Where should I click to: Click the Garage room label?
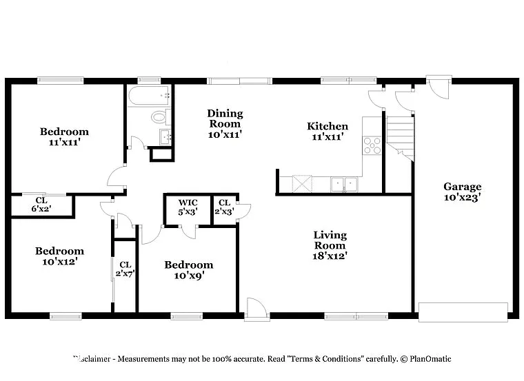click(x=462, y=191)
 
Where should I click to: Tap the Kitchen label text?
click(x=327, y=131)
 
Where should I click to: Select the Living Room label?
click(x=330, y=245)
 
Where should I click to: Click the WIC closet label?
click(x=188, y=207)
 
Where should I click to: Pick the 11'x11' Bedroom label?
click(x=64, y=136)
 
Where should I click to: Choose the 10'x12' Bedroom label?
click(x=60, y=256)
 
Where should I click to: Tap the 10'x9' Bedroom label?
click(x=188, y=270)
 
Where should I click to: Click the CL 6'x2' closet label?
click(x=40, y=205)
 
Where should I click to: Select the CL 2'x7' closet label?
click(x=125, y=269)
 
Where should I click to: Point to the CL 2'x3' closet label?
click(x=224, y=207)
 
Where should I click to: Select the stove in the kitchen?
click(x=372, y=145)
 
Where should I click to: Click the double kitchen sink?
click(x=343, y=184)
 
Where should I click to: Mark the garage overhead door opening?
click(x=463, y=312)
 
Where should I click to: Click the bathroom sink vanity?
click(x=165, y=136)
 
